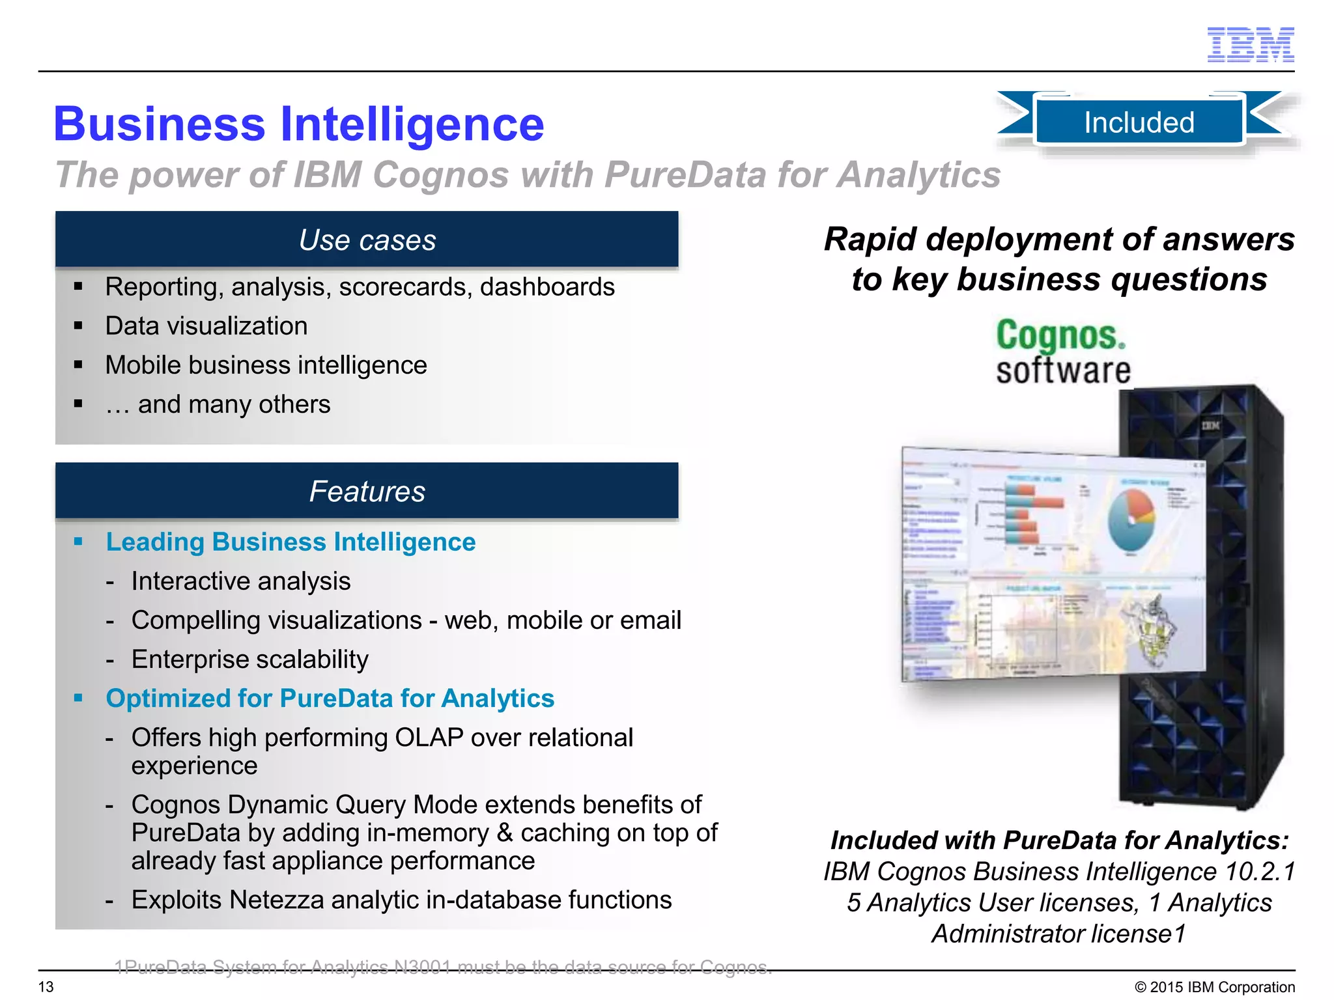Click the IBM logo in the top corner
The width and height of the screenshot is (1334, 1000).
point(1250,45)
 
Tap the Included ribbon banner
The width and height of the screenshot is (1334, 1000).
point(1139,122)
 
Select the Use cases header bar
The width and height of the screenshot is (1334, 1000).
point(367,240)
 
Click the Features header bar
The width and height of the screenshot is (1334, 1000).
point(367,491)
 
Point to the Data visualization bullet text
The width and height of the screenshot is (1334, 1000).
point(206,326)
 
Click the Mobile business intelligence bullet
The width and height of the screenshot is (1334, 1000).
point(266,365)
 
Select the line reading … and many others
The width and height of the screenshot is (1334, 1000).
point(218,404)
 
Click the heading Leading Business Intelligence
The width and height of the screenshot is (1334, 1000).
point(291,542)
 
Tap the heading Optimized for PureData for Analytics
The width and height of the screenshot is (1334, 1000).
point(330,698)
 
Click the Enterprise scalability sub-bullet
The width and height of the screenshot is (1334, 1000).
point(249,660)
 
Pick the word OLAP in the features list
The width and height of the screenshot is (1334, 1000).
point(429,738)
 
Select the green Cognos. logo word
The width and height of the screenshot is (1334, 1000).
point(1060,335)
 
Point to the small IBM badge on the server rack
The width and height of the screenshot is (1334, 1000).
point(1210,426)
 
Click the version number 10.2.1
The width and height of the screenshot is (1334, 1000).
point(1260,871)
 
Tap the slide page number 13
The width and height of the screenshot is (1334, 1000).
point(46,987)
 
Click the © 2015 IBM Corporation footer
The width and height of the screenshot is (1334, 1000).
point(1214,987)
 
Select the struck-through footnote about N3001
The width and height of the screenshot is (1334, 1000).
point(443,967)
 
